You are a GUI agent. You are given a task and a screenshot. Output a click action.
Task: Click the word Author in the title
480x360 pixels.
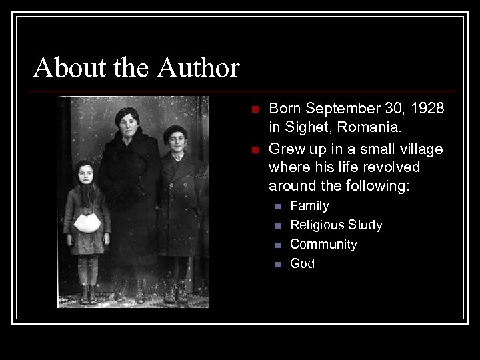[x=199, y=68]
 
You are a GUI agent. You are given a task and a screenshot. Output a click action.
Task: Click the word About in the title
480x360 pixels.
[x=61, y=68]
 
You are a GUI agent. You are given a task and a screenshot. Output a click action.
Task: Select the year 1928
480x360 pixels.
[x=428, y=109]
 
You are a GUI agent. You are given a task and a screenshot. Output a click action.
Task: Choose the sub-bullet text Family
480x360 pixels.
[x=309, y=206]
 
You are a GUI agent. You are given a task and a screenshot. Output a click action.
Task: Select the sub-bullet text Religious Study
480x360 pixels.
[x=336, y=225]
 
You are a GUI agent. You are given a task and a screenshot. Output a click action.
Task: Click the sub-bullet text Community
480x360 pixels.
[x=323, y=245]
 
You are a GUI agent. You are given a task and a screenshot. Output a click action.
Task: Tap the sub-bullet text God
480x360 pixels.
[x=302, y=264]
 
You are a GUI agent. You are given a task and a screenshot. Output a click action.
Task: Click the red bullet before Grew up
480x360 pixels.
[x=253, y=149]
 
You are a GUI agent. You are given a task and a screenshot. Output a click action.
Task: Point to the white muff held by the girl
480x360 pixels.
[x=87, y=222]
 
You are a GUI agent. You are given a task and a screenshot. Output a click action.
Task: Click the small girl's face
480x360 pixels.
[x=85, y=175]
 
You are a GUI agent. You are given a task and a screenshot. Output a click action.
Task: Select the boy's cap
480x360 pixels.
[x=175, y=131]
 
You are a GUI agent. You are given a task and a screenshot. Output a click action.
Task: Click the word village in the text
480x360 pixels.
[x=420, y=149]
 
